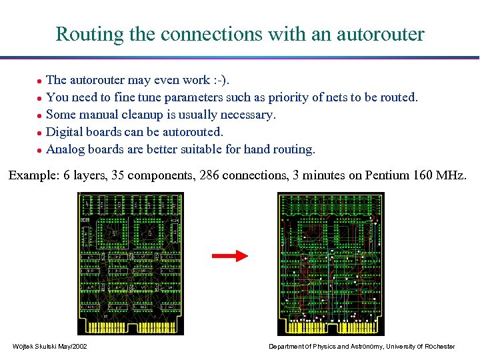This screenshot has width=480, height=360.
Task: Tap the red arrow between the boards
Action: (229, 255)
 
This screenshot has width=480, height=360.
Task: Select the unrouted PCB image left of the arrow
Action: (131, 263)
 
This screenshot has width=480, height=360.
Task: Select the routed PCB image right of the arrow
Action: (331, 263)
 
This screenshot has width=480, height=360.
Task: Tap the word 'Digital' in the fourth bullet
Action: (66, 132)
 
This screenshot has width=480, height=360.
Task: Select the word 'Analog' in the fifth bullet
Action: (65, 149)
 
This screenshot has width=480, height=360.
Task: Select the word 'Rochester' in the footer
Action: (439, 346)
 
